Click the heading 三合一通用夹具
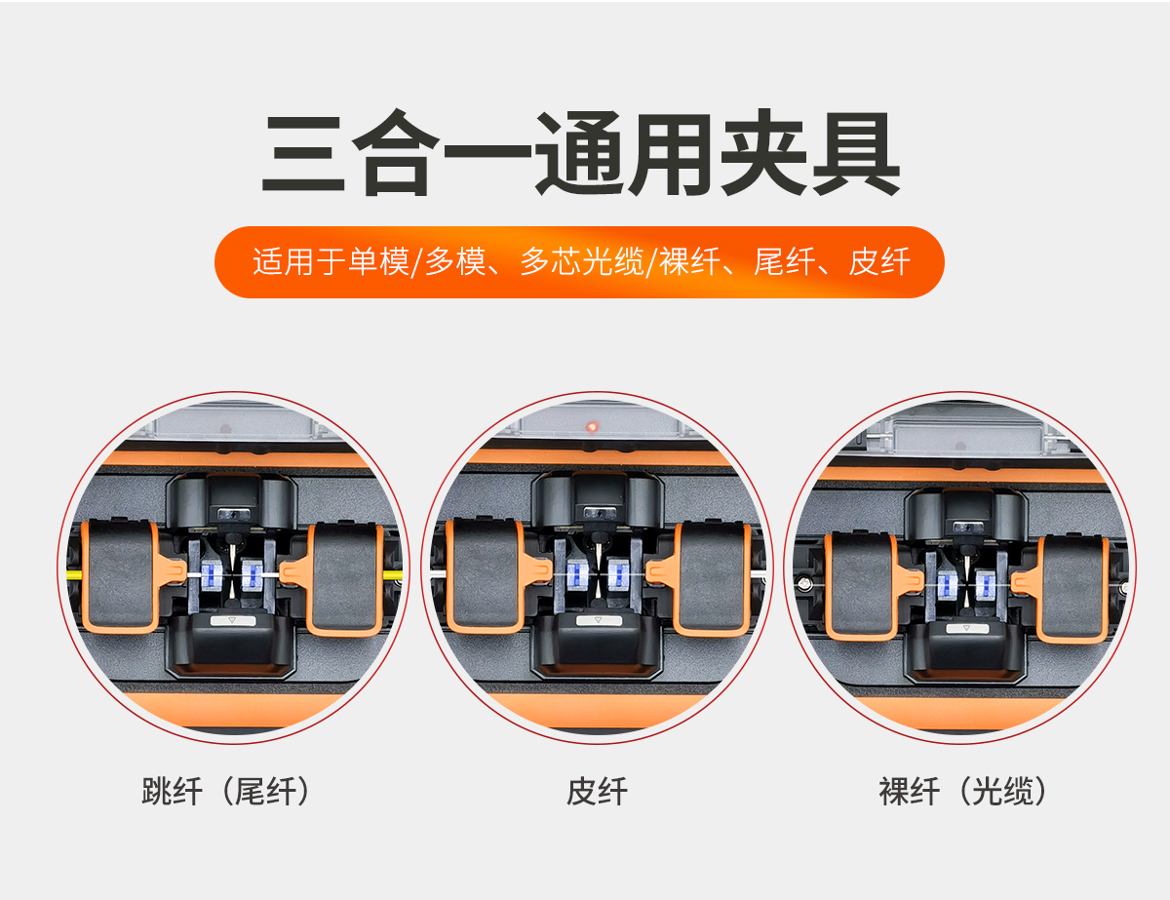pos(580,152)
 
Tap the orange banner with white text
pos(579,262)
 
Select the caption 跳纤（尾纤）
pos(226,791)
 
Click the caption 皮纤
pos(597,791)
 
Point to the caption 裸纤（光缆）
pos(963,791)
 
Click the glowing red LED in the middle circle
pos(592,427)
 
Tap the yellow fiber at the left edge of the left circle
pos(74,575)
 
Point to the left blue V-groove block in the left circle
pos(212,575)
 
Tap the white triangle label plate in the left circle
pos(233,620)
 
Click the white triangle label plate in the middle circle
pos(599,620)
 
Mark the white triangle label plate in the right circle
pos(967,628)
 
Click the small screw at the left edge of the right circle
pos(803,583)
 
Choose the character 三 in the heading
pos(302,154)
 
